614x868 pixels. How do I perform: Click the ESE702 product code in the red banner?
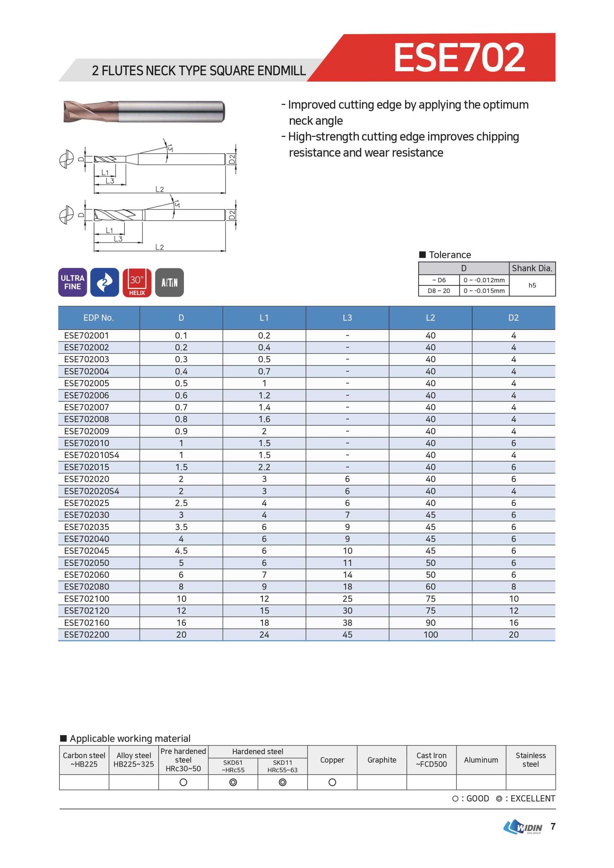(x=459, y=57)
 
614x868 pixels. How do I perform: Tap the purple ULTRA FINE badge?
(x=73, y=282)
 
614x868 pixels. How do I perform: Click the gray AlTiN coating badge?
(x=169, y=282)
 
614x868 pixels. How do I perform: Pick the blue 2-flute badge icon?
(x=105, y=282)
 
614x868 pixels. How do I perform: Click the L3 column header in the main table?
(x=347, y=318)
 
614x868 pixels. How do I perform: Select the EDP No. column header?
(x=99, y=318)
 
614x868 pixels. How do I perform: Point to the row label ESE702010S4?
(x=91, y=455)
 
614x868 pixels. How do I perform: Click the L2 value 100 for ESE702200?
(x=430, y=635)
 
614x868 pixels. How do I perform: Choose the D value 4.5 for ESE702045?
(x=181, y=551)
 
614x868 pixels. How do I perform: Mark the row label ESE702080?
(x=87, y=587)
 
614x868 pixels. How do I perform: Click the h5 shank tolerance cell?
(x=532, y=285)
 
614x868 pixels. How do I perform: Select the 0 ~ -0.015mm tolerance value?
(x=484, y=291)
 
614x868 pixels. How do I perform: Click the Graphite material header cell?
(x=382, y=760)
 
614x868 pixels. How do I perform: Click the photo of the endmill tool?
(x=144, y=112)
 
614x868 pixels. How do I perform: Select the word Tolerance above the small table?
(x=450, y=255)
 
